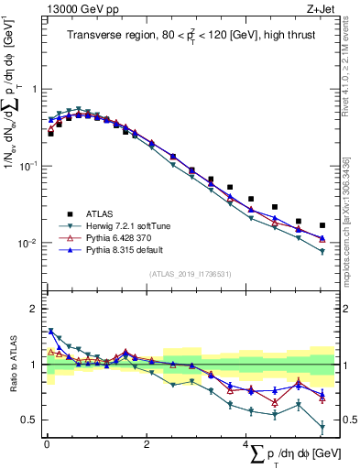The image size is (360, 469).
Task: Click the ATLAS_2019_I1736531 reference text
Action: point(190,274)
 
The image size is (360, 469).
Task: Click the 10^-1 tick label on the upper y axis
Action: point(27,166)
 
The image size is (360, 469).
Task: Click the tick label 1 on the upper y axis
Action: point(34,89)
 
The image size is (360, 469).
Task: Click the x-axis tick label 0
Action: point(46,444)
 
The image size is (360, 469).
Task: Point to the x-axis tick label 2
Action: point(146,444)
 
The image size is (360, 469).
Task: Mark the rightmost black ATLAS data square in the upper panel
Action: point(322,225)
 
